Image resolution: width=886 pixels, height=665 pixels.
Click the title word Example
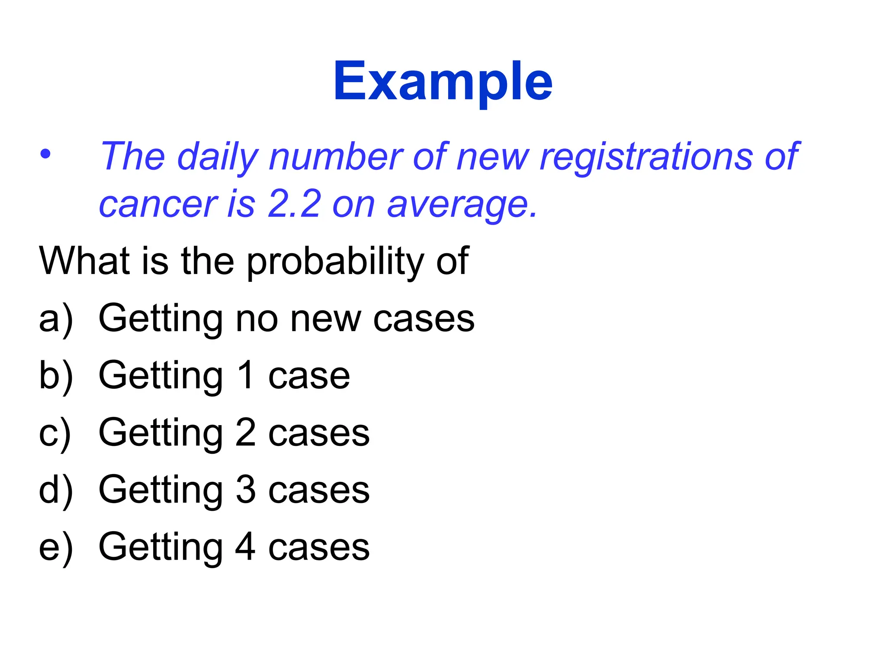pos(443,82)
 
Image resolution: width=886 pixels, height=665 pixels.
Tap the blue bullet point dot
pos(45,154)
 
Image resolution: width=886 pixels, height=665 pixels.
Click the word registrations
pos(646,157)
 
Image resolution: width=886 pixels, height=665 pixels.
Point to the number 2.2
pos(294,204)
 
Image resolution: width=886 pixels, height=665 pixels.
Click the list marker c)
pos(55,433)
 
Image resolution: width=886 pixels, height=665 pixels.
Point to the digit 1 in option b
pos(246,375)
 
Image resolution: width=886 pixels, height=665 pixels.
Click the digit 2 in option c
pos(246,432)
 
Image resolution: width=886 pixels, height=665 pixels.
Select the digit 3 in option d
pos(246,489)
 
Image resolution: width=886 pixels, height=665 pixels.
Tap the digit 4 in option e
pos(245,546)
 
